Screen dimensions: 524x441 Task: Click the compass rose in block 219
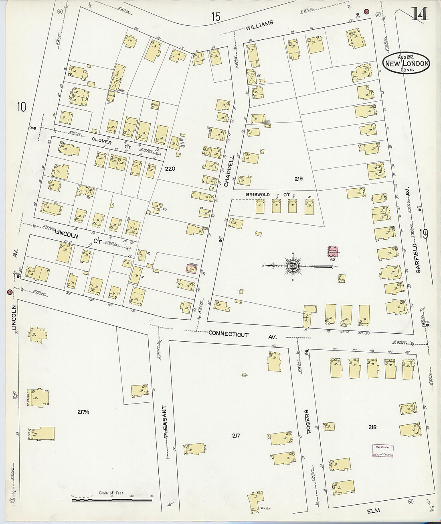click(293, 266)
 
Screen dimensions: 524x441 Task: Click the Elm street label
click(373, 511)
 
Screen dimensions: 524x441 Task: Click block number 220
click(170, 169)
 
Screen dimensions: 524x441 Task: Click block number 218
click(372, 427)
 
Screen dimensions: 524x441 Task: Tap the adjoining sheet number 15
click(216, 17)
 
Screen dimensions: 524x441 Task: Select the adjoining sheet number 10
click(21, 107)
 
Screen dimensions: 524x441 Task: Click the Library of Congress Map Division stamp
click(383, 451)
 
